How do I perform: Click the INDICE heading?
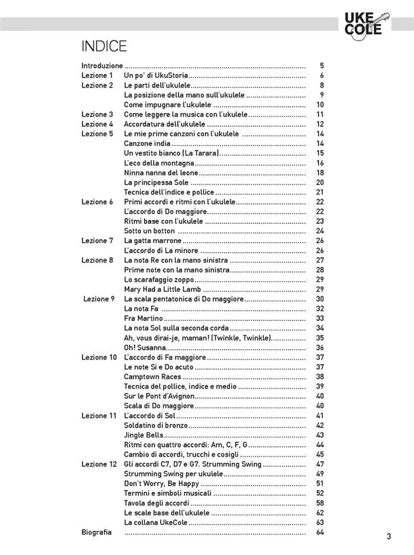tap(104, 46)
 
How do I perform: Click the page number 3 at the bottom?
tap(389, 537)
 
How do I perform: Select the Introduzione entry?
tap(102, 66)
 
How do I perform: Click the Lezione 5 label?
tap(97, 134)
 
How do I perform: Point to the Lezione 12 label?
tap(99, 464)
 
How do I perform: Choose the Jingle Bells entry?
tap(144, 435)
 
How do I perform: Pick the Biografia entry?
tap(97, 532)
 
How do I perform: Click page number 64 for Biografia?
tap(319, 532)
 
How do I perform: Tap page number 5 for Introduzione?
tap(321, 66)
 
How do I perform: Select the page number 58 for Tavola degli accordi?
tap(319, 503)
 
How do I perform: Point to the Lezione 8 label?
tap(97, 260)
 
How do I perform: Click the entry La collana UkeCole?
tap(156, 523)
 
